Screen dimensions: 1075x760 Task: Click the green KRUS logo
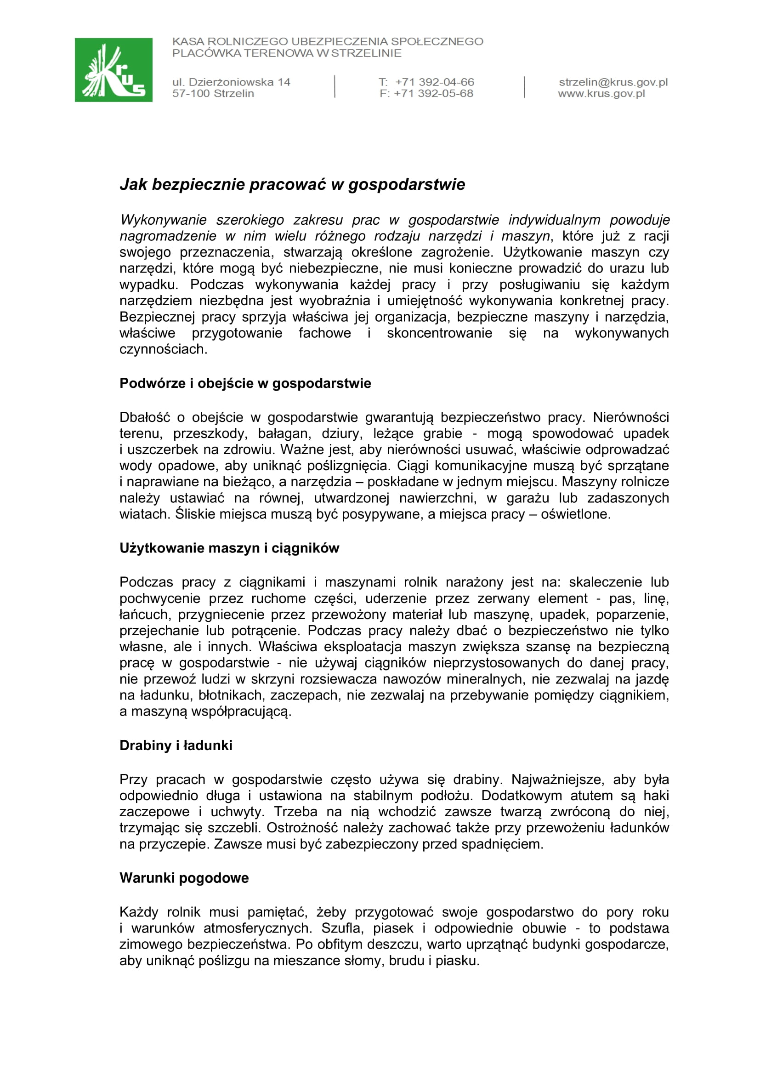(x=113, y=70)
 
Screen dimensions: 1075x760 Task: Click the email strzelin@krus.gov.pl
(x=613, y=82)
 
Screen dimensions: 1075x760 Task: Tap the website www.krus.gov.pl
(x=601, y=94)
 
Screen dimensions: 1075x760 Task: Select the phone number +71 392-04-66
(x=434, y=82)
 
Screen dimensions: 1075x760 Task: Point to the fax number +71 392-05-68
(x=433, y=94)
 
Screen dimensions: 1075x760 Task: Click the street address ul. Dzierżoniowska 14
(x=231, y=82)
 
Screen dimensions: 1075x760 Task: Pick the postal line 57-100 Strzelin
(x=213, y=94)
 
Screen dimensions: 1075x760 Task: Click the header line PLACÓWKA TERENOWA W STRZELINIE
(x=286, y=53)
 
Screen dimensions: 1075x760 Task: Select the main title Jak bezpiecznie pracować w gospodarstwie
(x=293, y=184)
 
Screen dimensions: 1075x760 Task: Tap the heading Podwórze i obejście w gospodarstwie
(x=245, y=383)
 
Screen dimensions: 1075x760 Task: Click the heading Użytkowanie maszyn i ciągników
(x=229, y=548)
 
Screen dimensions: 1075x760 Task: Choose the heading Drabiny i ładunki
(x=176, y=745)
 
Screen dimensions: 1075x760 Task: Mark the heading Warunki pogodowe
(x=184, y=877)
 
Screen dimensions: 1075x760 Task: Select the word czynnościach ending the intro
(x=163, y=349)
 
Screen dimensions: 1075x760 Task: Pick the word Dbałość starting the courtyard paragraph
(x=145, y=417)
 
